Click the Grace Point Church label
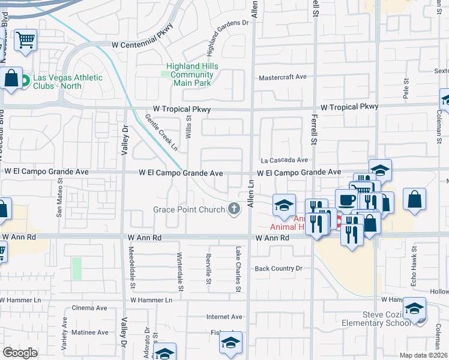188,209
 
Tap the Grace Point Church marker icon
235,209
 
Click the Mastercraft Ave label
282,77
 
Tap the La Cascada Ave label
284,160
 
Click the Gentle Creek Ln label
162,132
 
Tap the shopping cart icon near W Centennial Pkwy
25,41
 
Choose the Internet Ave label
224,317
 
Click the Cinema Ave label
89,308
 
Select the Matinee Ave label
90,332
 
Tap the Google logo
20,352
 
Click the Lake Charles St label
238,269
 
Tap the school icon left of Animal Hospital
284,205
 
